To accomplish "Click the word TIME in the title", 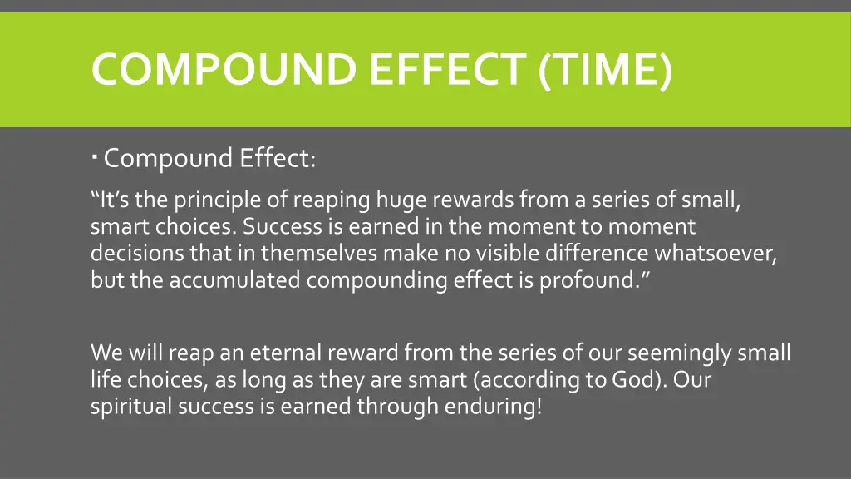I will (x=604, y=69).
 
